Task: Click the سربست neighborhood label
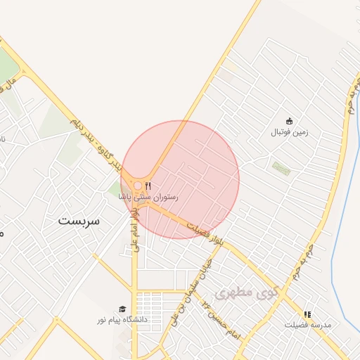pos(79,221)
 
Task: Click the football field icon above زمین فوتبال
pos(289,120)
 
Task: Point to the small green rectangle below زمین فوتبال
pos(281,168)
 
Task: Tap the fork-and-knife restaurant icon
pos(148,186)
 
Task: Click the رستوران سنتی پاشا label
pos(148,198)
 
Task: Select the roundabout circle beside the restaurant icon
pos(138,186)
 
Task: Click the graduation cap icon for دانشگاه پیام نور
pos(122,309)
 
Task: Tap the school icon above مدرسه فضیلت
pos(307,314)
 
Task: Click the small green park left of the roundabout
pos(115,188)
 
